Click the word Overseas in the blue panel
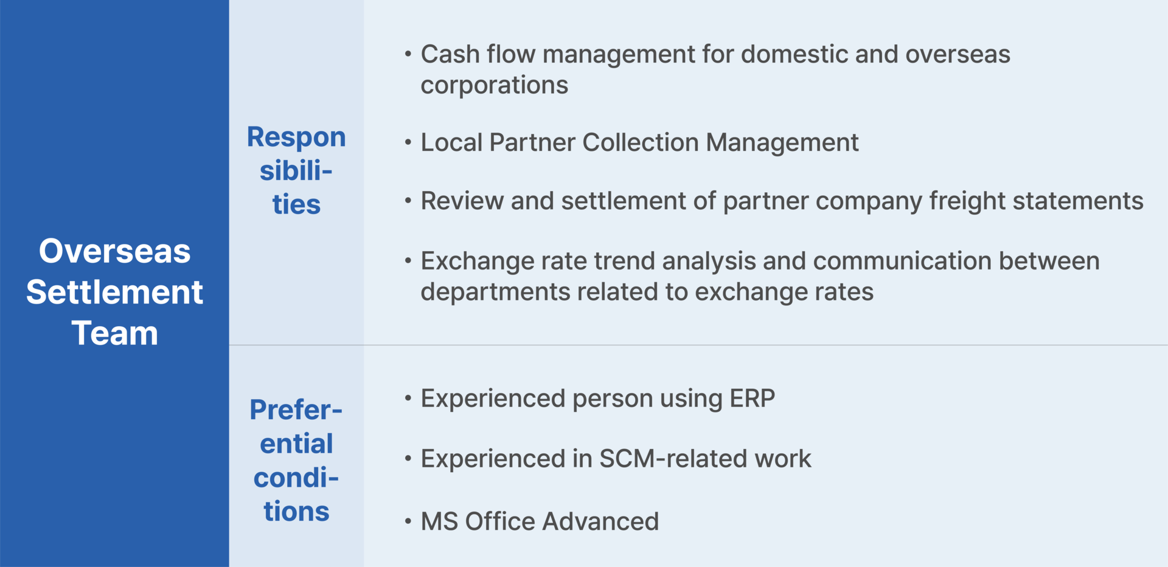pyautogui.click(x=114, y=251)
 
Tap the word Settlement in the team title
pyautogui.click(x=114, y=292)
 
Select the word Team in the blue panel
pyautogui.click(x=114, y=333)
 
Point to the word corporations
pyautogui.click(x=494, y=86)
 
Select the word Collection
pyautogui.click(x=640, y=142)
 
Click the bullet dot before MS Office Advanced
pyautogui.click(x=408, y=521)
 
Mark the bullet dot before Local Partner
pyautogui.click(x=408, y=142)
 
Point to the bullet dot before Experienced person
pyautogui.click(x=408, y=398)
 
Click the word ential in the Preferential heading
pyautogui.click(x=296, y=444)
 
